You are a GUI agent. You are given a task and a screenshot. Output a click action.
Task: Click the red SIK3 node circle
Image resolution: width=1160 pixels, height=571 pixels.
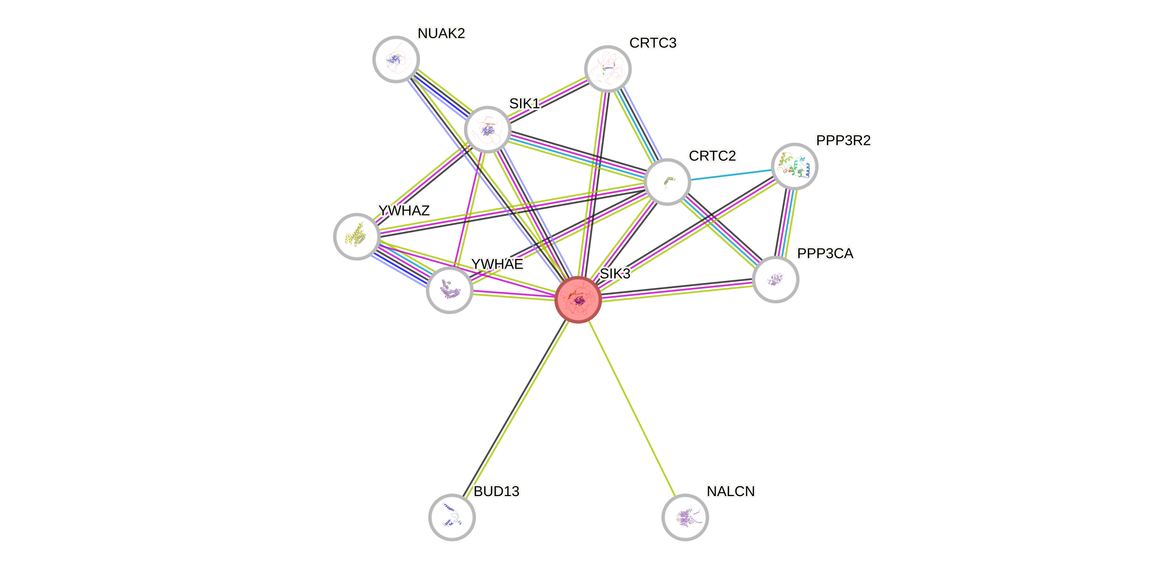tap(578, 299)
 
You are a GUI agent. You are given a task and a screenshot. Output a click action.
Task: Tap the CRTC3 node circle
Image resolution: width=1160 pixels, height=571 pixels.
tap(608, 69)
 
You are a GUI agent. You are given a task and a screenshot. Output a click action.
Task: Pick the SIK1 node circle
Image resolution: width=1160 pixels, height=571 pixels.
tap(488, 130)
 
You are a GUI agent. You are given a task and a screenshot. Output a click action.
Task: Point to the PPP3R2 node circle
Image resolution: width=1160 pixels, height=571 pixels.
tap(795, 167)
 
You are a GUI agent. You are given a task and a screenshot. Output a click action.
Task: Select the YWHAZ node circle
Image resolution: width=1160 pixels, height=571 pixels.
tap(357, 236)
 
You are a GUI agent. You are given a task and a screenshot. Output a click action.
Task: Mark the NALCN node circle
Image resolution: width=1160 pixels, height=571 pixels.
tap(685, 517)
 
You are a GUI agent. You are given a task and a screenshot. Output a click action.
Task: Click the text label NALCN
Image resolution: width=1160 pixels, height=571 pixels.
tap(730, 491)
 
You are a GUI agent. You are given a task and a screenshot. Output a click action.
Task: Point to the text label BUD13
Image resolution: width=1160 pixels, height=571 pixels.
tap(496, 491)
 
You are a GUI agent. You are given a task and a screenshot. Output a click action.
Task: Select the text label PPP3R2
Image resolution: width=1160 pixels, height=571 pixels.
tap(843, 141)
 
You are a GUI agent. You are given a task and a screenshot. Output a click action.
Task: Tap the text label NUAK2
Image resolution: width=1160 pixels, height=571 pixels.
tap(441, 33)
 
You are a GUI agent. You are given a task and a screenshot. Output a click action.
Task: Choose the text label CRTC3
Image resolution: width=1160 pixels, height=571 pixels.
tap(653, 43)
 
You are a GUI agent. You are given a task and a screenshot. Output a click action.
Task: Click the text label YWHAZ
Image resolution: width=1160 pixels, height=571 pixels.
tap(404, 210)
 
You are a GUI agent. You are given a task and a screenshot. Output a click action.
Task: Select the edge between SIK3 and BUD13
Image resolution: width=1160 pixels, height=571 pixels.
tap(516, 408)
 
